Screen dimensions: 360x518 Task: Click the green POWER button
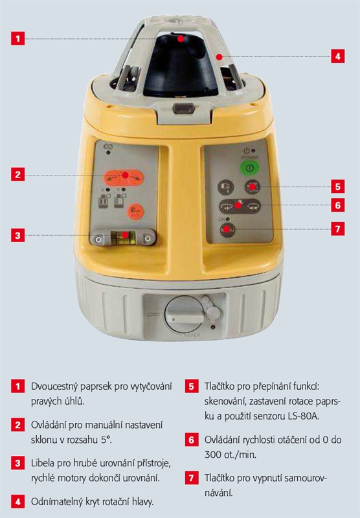249,168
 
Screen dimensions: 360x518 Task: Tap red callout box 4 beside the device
337,56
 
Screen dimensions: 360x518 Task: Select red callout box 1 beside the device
18,39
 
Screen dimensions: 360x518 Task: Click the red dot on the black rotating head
181,39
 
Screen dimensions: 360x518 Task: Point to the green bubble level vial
123,238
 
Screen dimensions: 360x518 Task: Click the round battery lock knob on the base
185,315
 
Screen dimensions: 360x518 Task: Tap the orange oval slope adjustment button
124,177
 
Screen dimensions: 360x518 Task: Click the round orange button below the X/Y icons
135,212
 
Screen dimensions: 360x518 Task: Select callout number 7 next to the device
337,229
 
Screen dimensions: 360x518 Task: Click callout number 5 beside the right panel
337,186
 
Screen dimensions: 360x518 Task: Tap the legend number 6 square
192,440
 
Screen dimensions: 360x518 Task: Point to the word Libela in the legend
43,463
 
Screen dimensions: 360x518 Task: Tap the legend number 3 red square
18,463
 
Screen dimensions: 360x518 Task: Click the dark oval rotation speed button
240,206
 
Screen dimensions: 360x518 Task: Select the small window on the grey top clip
183,108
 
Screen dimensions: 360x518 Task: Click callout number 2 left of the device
18,174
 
